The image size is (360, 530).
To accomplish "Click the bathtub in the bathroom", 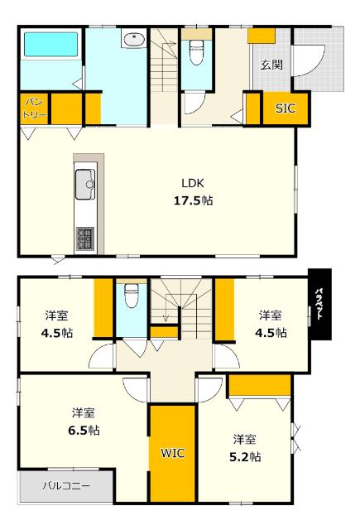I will click(49, 45).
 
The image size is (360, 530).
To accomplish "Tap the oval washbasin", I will click(132, 38).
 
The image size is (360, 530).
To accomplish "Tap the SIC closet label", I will click(285, 108).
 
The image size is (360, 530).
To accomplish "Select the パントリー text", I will click(32, 107).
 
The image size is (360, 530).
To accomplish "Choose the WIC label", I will click(172, 453).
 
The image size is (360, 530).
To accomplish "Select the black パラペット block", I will click(319, 304).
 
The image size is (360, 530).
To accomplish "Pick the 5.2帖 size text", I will click(243, 455).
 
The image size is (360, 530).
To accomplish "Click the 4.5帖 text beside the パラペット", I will click(270, 333).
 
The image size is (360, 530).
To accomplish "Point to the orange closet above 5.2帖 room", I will click(260, 385).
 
